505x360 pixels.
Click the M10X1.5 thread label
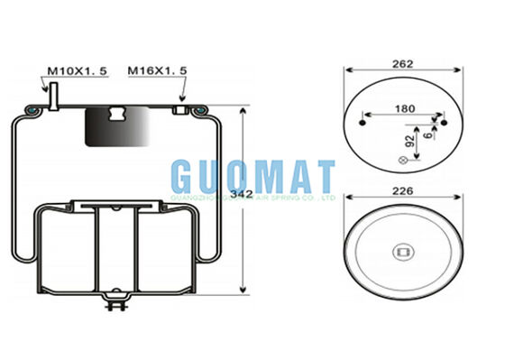[77, 70]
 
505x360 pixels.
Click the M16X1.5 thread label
[158, 70]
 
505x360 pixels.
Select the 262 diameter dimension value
[402, 64]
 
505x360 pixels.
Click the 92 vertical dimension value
[411, 143]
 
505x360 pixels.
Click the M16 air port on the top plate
[181, 109]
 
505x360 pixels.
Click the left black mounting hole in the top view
[363, 121]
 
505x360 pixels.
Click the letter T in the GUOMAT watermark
[320, 177]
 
